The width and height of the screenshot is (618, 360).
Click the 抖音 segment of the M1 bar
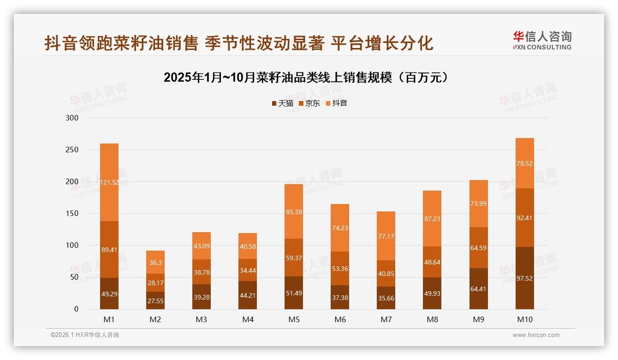click(x=109, y=182)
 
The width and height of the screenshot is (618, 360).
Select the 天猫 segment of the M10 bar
click(x=525, y=278)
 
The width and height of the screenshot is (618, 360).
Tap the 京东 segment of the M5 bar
click(x=294, y=258)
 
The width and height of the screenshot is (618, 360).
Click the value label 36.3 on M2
click(x=155, y=262)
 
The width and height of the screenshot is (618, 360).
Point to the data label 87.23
click(x=432, y=219)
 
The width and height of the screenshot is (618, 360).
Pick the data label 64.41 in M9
click(x=479, y=289)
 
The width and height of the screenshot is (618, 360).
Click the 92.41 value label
click(x=525, y=218)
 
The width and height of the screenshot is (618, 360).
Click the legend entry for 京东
click(x=309, y=103)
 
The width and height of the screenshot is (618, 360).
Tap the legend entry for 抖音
click(x=337, y=103)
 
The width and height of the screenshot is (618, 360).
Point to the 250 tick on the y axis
click(x=73, y=150)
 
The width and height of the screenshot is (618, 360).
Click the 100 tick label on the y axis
click(x=73, y=246)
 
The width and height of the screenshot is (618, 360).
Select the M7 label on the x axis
click(x=386, y=319)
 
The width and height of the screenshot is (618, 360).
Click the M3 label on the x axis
click(x=202, y=319)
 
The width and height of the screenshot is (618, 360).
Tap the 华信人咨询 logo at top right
click(x=542, y=41)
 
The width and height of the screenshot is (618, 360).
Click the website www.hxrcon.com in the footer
click(x=536, y=335)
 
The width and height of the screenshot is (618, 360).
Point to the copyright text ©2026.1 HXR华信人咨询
click(x=84, y=335)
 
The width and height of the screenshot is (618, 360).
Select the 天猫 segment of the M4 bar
click(x=248, y=295)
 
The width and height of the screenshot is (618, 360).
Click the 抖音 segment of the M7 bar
click(x=386, y=236)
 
